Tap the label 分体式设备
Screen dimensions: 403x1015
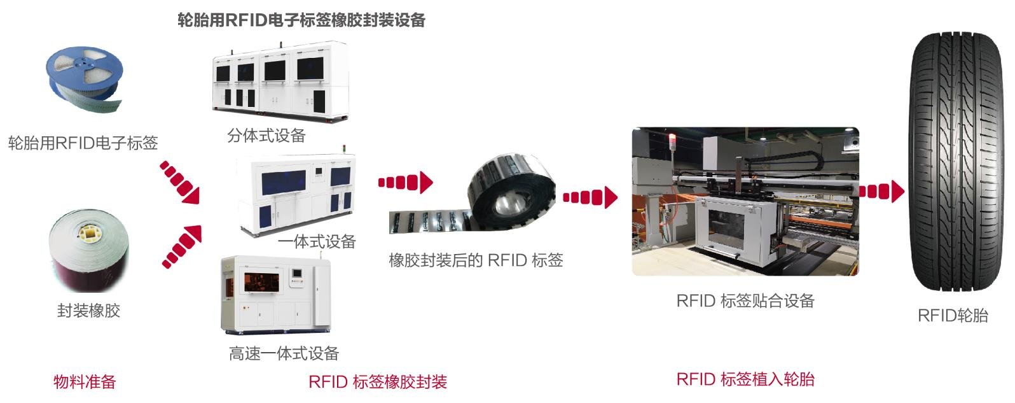[266, 136]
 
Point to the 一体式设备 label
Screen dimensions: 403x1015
[317, 242]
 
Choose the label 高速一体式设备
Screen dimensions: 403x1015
[284, 353]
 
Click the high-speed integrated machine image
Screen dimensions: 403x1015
[275, 296]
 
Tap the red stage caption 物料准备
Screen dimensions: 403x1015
[85, 382]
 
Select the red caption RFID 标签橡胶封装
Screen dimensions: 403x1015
[378, 382]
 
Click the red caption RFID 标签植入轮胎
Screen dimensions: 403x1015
[745, 379]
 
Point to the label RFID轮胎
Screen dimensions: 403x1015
[953, 315]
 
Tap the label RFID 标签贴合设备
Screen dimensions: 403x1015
[745, 300]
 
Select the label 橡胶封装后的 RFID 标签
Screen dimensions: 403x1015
[476, 260]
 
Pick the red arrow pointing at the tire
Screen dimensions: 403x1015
[881, 191]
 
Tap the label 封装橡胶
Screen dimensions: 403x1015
[88, 311]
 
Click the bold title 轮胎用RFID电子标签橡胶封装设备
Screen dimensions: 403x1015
[301, 20]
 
